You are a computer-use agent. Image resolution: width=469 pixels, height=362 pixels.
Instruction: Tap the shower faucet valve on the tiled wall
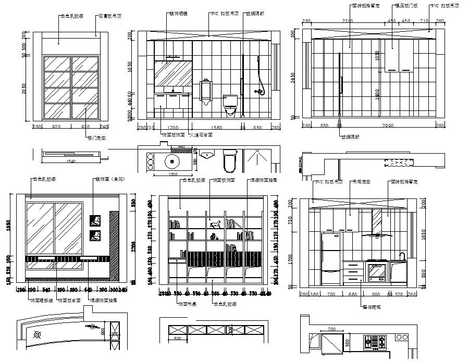(x=257, y=91)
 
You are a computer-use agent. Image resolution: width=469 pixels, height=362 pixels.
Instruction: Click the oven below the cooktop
(x=376, y=272)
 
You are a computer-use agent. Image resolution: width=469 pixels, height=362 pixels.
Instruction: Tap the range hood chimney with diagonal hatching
(x=376, y=221)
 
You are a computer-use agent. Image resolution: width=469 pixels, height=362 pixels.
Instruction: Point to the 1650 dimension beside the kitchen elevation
(x=423, y=236)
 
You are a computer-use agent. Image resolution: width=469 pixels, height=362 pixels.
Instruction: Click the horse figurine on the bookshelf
(x=214, y=224)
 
